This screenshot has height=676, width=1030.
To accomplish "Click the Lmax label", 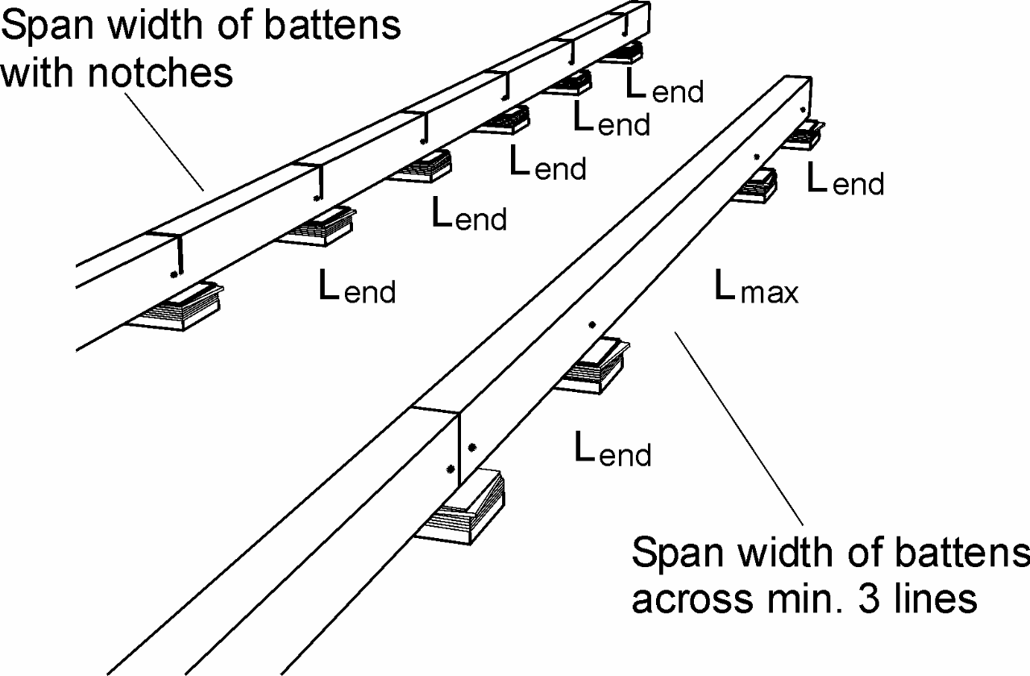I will pos(756,286).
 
